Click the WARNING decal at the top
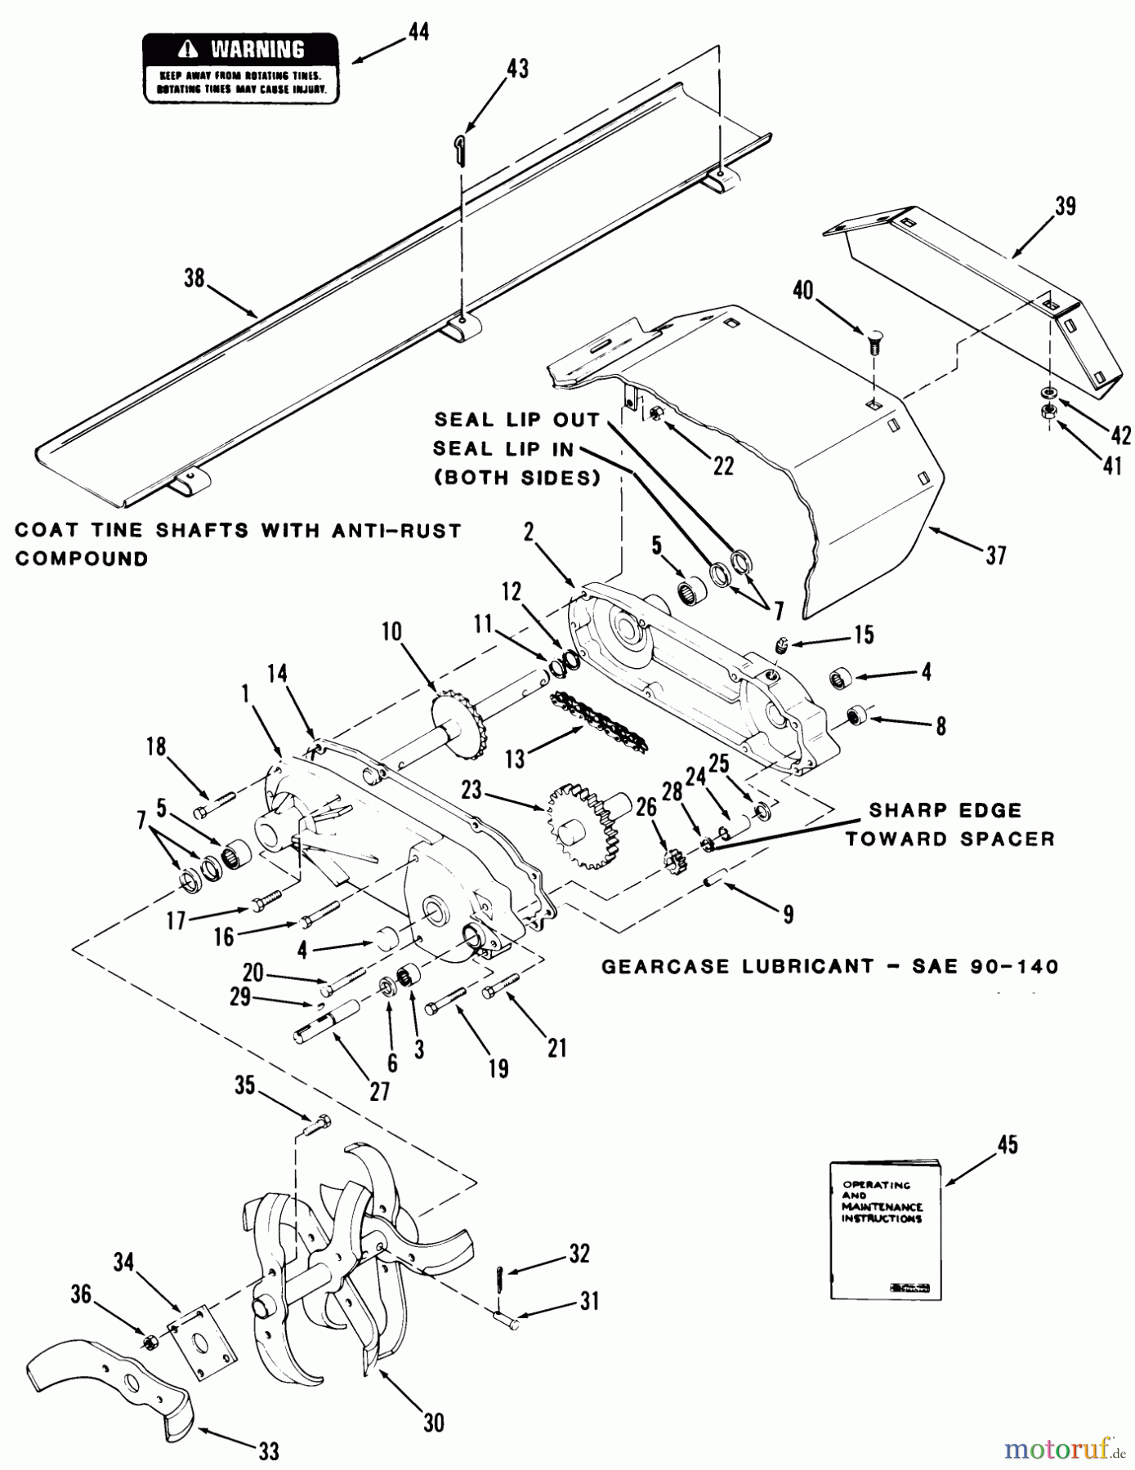[241, 69]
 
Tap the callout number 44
[418, 33]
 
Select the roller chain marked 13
[599, 721]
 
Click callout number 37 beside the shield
[995, 556]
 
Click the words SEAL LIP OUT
[516, 420]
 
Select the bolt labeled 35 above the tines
[315, 1124]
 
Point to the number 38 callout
[194, 278]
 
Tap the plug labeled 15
[780, 647]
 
